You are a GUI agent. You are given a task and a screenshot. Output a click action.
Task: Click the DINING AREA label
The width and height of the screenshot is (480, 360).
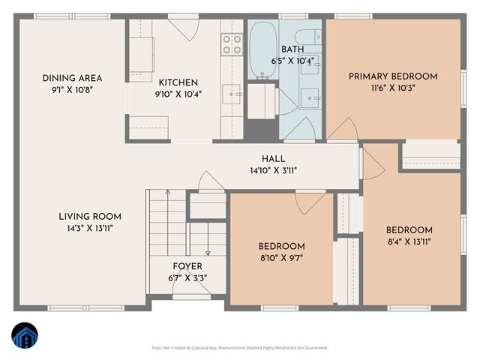pyautogui.click(x=72, y=78)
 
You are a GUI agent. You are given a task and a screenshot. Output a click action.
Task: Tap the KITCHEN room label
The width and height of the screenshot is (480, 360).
pyautogui.click(x=178, y=82)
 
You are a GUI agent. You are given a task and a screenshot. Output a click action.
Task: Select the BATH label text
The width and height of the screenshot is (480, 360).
pyautogui.click(x=292, y=49)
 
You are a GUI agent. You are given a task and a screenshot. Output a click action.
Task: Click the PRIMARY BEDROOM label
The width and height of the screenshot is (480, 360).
pyautogui.click(x=393, y=76)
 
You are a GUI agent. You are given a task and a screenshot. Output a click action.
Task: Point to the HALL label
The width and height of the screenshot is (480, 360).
pyautogui.click(x=273, y=159)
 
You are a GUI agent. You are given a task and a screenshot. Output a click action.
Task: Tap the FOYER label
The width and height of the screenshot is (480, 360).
pyautogui.click(x=187, y=266)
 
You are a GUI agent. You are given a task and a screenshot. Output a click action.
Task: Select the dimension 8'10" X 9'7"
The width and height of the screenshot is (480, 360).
pyautogui.click(x=281, y=258)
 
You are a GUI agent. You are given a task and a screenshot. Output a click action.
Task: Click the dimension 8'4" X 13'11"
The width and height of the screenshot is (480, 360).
pyautogui.click(x=409, y=241)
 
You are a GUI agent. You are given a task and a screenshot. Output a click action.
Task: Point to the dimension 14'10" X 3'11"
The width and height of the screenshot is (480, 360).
pyautogui.click(x=273, y=170)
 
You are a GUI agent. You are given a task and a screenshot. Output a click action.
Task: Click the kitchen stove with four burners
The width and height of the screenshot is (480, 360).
pyautogui.click(x=232, y=44)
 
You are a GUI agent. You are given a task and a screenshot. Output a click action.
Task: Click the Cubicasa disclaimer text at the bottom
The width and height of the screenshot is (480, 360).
pyautogui.click(x=240, y=348)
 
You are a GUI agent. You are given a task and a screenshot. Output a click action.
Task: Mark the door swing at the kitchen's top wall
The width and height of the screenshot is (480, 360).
pyautogui.click(x=180, y=28)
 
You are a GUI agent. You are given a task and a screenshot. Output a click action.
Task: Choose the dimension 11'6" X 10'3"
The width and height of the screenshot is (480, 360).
pyautogui.click(x=393, y=87)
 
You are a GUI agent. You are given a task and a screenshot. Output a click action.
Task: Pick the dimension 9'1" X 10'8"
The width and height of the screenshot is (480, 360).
pyautogui.click(x=72, y=89)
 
